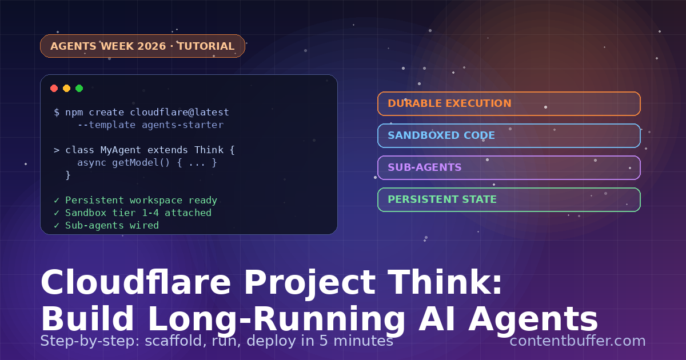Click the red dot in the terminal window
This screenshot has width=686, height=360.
click(54, 88)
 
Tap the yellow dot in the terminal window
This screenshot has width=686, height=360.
click(67, 88)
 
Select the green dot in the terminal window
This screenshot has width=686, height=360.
click(79, 88)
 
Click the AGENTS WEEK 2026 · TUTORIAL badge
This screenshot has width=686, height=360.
click(142, 46)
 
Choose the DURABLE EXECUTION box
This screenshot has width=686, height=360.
click(509, 103)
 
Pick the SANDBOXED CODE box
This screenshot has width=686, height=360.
click(509, 135)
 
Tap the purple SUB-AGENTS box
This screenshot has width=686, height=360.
click(509, 167)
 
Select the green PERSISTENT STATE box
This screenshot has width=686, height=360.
click(509, 199)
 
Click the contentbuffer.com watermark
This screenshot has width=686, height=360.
click(577, 341)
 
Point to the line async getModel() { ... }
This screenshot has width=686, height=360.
click(147, 163)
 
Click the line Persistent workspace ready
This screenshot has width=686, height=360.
click(141, 201)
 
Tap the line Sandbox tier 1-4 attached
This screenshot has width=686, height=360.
click(138, 213)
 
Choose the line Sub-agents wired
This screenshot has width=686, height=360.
click(111, 226)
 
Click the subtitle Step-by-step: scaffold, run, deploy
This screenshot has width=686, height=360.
click(216, 341)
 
